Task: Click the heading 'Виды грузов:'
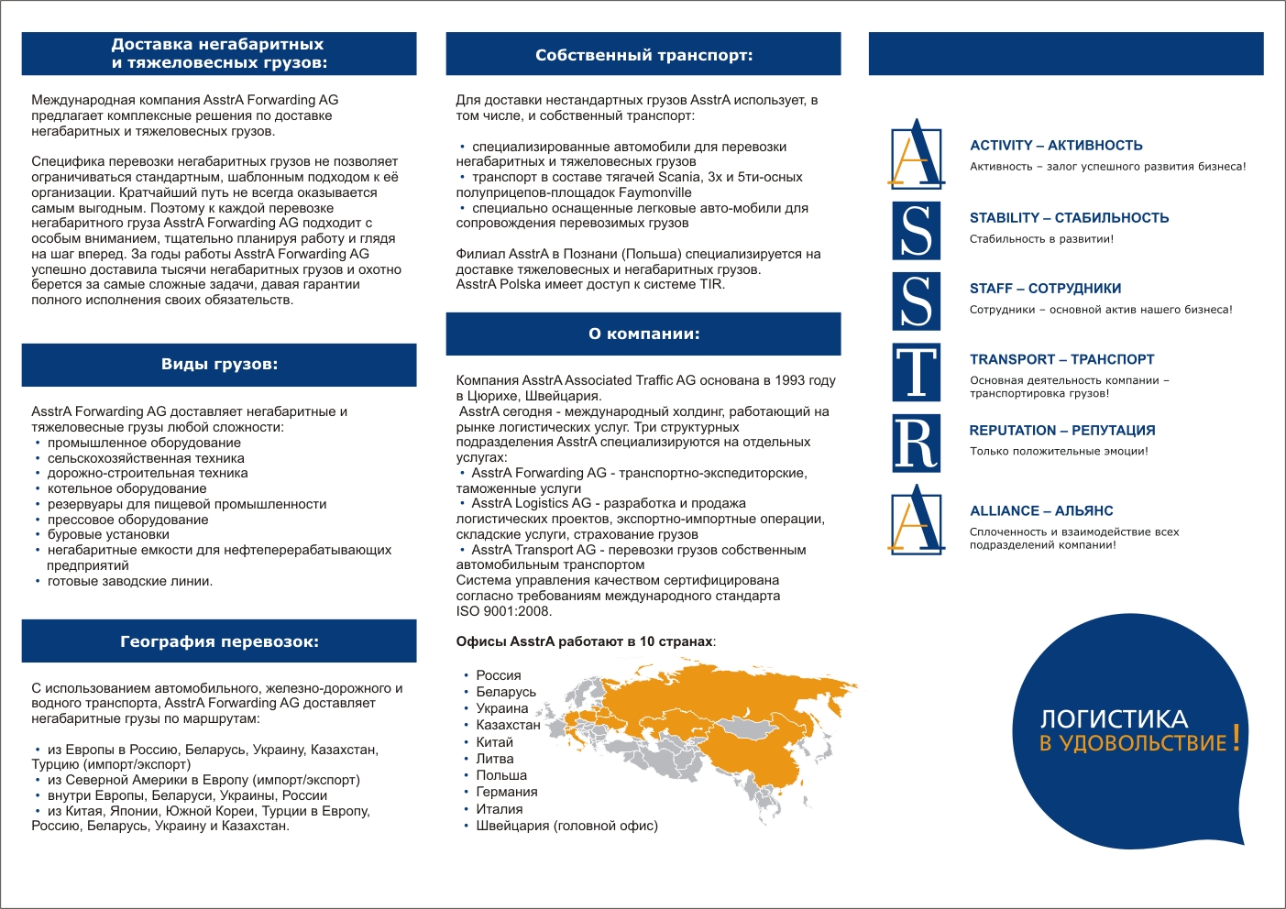point(219,365)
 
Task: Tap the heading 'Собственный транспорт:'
point(643,55)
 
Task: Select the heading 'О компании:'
point(643,334)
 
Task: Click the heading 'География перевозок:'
point(219,641)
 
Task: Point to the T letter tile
point(916,373)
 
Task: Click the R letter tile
point(916,444)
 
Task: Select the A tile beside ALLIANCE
point(917,520)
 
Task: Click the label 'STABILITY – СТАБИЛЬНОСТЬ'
point(1069,218)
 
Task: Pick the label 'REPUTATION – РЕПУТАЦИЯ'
point(1061,431)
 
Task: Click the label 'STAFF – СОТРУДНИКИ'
point(1045,289)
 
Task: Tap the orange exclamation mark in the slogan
point(1237,738)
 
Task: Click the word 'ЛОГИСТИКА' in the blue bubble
point(1114,719)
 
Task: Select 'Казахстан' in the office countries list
point(508,725)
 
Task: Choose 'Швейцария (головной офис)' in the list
point(566,826)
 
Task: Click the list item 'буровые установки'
point(108,534)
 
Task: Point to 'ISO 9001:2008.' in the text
point(504,611)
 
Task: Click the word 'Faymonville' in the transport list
point(655,192)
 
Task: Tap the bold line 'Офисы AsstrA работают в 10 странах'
point(585,641)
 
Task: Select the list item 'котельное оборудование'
point(126,488)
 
